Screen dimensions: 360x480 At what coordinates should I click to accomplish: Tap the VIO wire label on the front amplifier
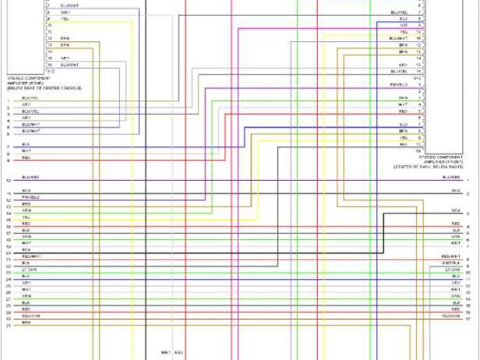point(403,25)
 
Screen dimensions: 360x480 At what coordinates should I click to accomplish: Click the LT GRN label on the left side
point(29,268)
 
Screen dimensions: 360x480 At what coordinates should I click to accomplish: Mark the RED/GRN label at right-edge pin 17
point(450,316)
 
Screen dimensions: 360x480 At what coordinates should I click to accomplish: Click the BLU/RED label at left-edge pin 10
point(30,178)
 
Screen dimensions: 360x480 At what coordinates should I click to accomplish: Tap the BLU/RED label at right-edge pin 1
point(451,178)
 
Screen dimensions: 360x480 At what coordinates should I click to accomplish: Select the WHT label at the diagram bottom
point(165,352)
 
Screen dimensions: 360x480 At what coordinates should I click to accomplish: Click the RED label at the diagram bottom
point(178,352)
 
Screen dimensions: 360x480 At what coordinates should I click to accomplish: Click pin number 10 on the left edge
point(7,181)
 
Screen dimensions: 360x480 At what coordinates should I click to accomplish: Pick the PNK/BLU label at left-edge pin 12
point(30,197)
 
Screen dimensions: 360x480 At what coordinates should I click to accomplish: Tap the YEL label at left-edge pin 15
point(25,217)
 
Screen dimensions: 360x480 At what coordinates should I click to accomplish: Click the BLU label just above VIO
point(403,19)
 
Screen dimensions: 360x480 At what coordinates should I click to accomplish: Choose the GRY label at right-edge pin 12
point(455,282)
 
